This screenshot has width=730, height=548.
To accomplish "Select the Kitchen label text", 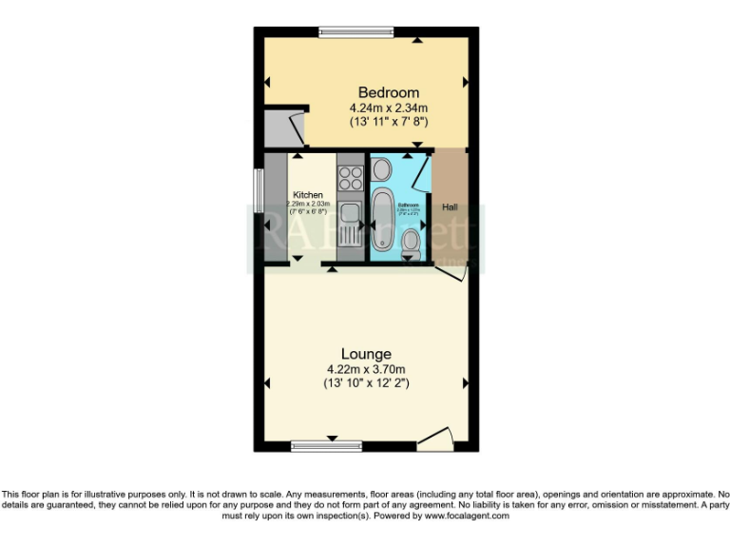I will [307, 194].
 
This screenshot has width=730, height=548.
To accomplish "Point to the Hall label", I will [448, 206].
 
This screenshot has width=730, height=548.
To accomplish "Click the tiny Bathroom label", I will [409, 205].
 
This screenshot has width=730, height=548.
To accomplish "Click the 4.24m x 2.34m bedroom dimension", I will [389, 108].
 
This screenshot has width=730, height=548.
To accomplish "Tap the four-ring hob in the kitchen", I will [350, 177].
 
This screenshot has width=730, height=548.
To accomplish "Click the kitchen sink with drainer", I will [349, 224].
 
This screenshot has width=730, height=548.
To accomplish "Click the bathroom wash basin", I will [381, 169].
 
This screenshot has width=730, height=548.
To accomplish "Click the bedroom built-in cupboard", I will [282, 127].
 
